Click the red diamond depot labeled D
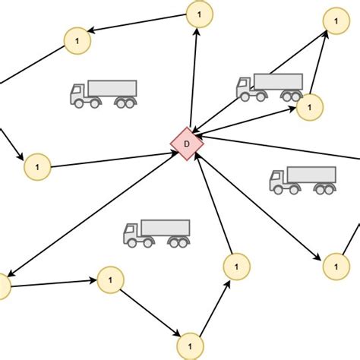pyautogui.click(x=186, y=144)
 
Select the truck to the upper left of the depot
pyautogui.click(x=103, y=93)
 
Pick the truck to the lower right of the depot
pyautogui.click(x=302, y=180)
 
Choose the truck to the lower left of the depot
pyautogui.click(x=156, y=233)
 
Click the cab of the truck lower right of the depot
pyautogui.click(x=279, y=182)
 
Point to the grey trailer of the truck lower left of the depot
pyautogui.click(x=166, y=228)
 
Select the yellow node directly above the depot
pyautogui.click(x=200, y=14)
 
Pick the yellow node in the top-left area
pyautogui.click(x=77, y=39)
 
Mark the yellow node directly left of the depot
pyautogui.click(x=37, y=166)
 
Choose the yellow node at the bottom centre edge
pyautogui.click(x=191, y=346)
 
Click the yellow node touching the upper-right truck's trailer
pyautogui.click(x=309, y=107)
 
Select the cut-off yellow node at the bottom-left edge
pyautogui.click(x=2, y=286)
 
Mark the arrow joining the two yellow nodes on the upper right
pyautogui.click(x=320, y=67)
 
